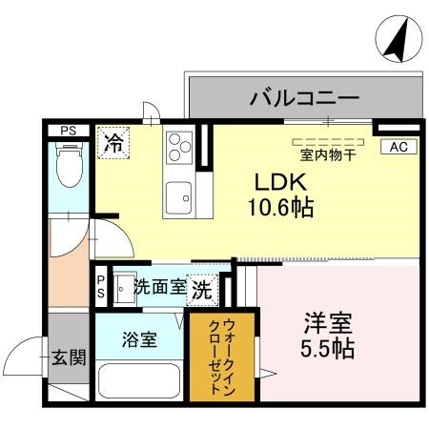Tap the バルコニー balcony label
[304, 97]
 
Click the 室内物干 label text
[327, 153]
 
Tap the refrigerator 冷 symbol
[112, 144]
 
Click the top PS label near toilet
[69, 130]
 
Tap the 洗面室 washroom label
[158, 285]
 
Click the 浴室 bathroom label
[139, 338]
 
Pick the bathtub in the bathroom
[139, 381]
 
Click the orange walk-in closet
[221, 355]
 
